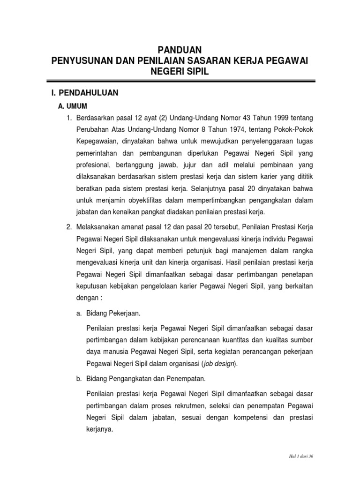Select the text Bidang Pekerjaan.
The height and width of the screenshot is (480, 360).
(114, 312)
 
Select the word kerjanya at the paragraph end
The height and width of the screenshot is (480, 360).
(100, 428)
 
